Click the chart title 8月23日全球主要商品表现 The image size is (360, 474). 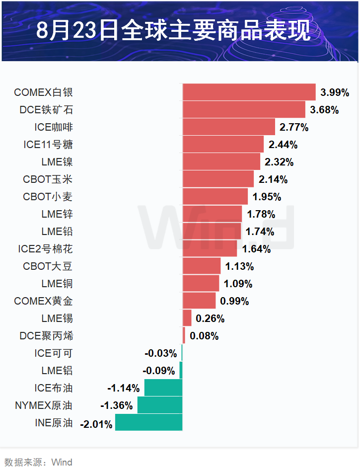tap(173, 31)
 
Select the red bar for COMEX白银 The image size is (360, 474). tap(249, 92)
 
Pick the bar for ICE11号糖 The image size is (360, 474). tap(223, 145)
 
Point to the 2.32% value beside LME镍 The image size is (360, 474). tap(279, 162)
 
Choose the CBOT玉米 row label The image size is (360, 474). tap(48, 179)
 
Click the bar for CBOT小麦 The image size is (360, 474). tap(215, 197)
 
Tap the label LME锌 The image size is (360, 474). tap(57, 214)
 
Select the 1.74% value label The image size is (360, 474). tap(260, 232)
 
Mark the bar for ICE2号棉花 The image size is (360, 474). tap(210, 249)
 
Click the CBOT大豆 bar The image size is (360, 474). tap(202, 266)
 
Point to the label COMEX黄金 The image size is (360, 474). tap(43, 301)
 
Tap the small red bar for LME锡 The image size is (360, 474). tap(187, 318)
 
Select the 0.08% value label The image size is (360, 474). tap(204, 336)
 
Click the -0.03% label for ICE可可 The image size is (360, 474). tap(161, 353)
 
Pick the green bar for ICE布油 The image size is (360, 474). tap(163, 388)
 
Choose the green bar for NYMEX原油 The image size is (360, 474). tap(160, 405)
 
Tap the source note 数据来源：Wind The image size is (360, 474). tap(38, 463)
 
